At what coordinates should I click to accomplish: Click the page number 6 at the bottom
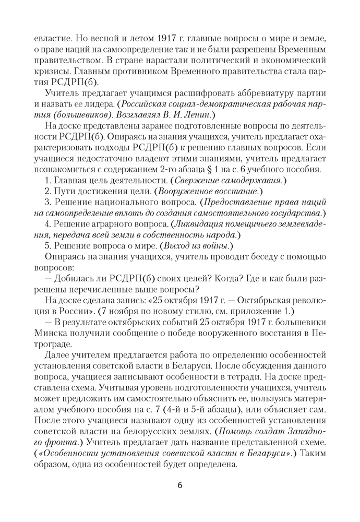coord(180,485)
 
